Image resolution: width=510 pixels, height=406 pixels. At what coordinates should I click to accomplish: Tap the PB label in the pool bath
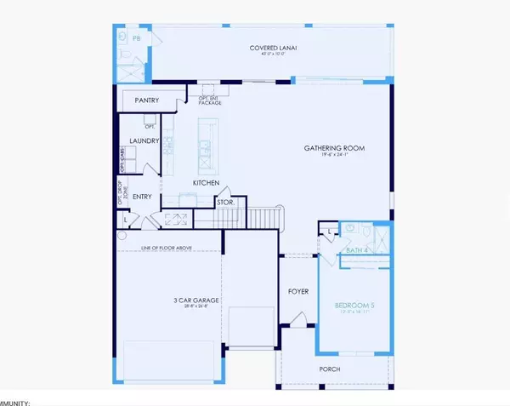(137, 39)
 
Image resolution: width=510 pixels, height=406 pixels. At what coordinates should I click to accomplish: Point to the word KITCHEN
(206, 183)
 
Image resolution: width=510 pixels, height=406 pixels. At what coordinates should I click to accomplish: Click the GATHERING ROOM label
(334, 148)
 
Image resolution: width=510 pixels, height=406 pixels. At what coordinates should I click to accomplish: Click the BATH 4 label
(356, 251)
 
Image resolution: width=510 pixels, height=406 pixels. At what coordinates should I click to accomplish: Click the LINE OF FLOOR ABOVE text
(167, 248)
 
